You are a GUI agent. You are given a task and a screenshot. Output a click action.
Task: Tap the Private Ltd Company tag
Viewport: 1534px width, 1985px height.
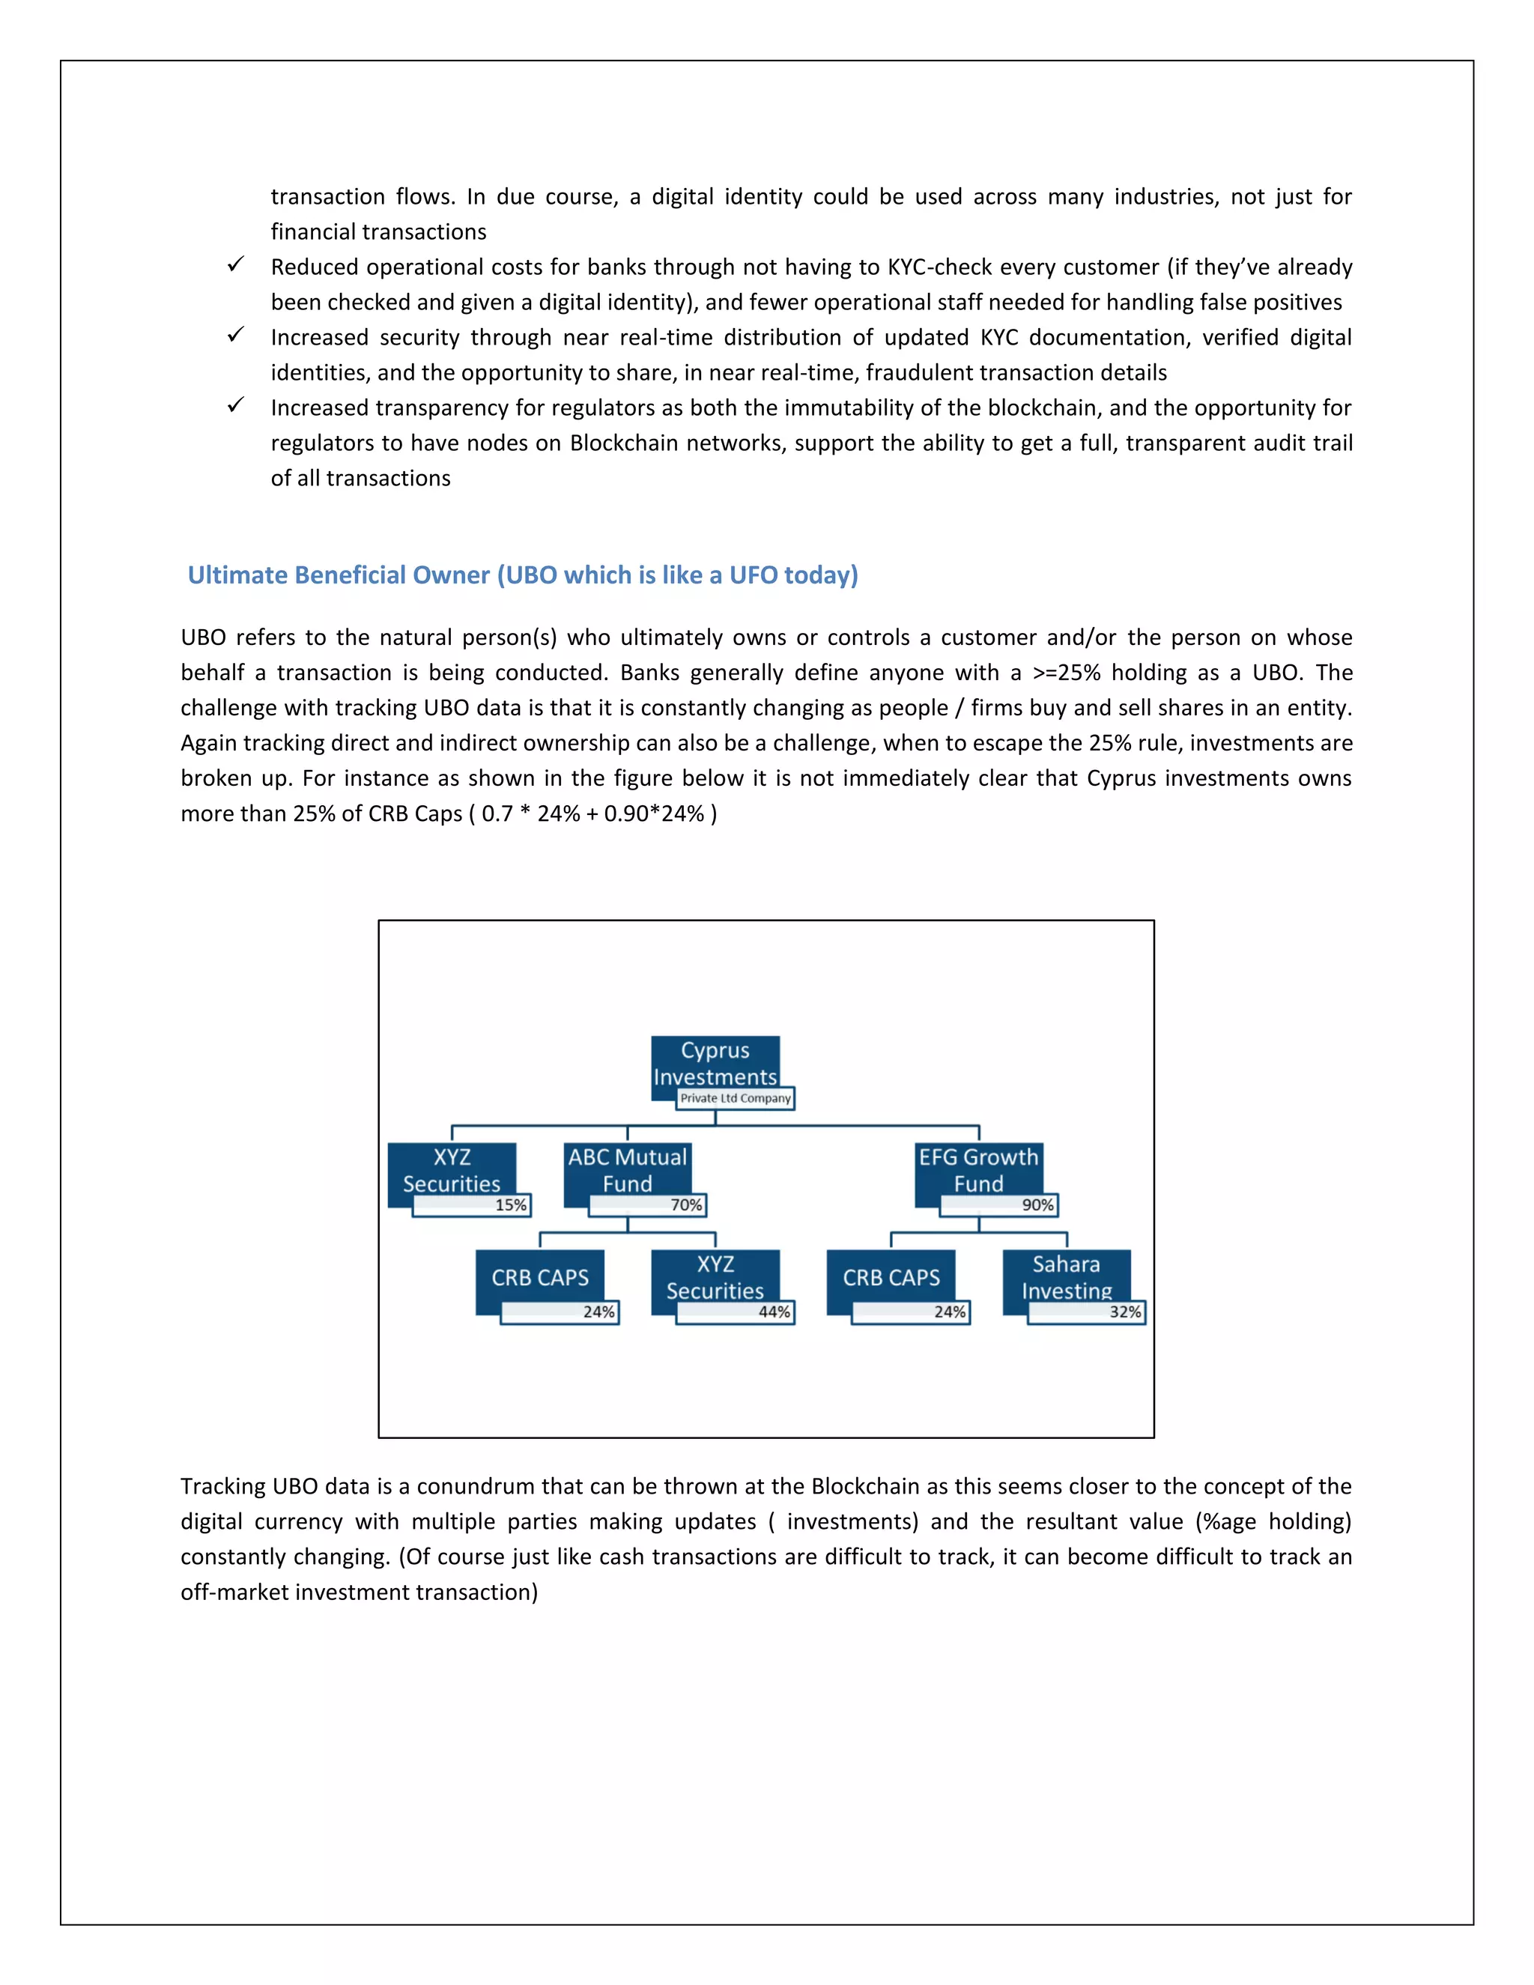tap(736, 1098)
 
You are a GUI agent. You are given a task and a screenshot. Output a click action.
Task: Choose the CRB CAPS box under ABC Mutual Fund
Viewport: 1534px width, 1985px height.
tap(540, 1277)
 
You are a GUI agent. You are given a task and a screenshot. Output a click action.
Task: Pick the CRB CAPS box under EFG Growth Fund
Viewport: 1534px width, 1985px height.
tap(891, 1277)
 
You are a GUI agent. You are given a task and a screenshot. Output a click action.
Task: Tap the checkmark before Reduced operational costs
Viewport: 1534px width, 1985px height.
tap(235, 264)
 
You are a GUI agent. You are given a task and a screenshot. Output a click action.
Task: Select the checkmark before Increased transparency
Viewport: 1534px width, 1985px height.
tap(235, 405)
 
